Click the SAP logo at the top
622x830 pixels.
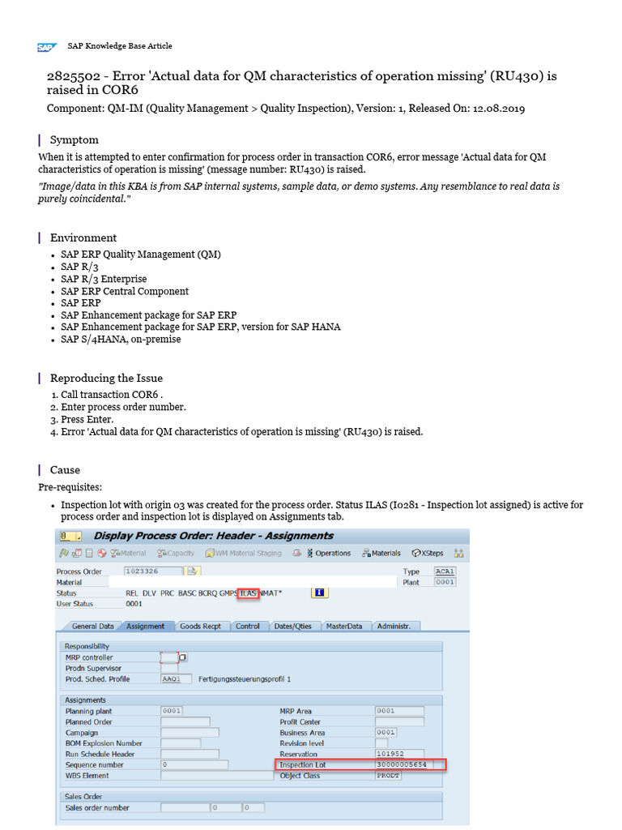click(x=46, y=47)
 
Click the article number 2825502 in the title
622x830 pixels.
click(x=74, y=76)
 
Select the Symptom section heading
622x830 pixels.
click(x=75, y=139)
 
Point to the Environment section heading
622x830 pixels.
click(x=83, y=237)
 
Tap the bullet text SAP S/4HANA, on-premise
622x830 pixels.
click(x=121, y=340)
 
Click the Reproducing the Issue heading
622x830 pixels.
click(x=106, y=378)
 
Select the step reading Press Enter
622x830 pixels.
click(x=87, y=419)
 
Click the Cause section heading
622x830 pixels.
click(x=65, y=469)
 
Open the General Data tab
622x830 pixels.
click(x=92, y=627)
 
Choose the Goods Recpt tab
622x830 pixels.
click(x=200, y=627)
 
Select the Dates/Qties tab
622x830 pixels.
click(x=292, y=627)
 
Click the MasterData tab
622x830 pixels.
click(x=343, y=627)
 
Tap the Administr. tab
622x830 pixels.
click(x=394, y=627)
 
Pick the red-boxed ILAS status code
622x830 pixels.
click(x=249, y=593)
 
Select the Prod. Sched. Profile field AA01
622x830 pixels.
click(x=176, y=679)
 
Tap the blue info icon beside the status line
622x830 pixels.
click(x=319, y=593)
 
